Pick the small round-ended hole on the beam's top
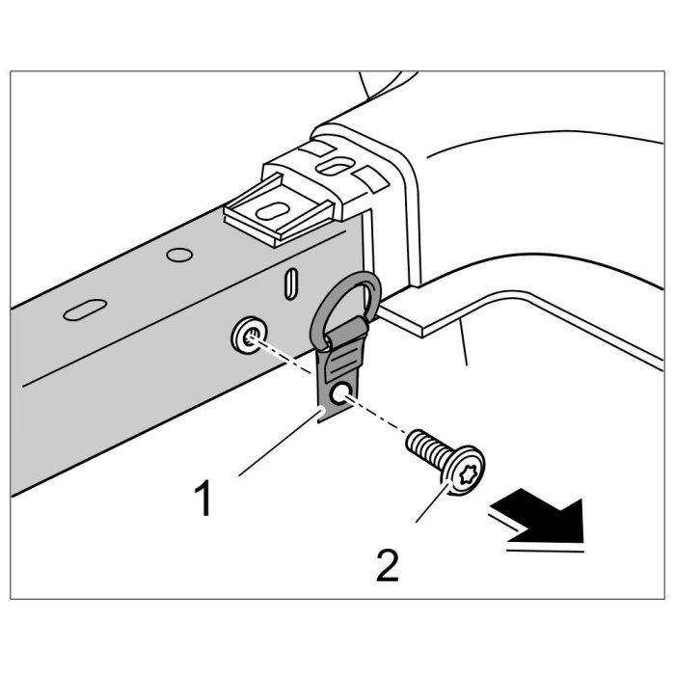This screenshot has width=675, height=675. point(176,255)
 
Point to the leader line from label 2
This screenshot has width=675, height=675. point(435,504)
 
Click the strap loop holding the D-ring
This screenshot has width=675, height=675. point(343,338)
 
